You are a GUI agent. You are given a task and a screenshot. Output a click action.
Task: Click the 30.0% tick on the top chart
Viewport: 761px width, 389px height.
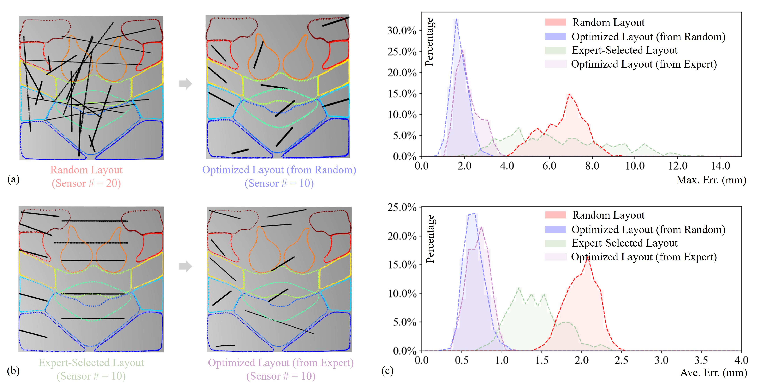(402, 31)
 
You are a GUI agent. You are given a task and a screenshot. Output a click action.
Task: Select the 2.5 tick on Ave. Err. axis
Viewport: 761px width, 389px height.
(621, 360)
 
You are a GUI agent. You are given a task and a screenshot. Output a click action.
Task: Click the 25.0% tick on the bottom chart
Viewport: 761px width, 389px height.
(402, 207)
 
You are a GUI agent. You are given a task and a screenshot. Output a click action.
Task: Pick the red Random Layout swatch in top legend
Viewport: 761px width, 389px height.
(555, 22)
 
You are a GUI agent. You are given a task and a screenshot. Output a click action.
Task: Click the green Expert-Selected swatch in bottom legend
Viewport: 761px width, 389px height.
(555, 243)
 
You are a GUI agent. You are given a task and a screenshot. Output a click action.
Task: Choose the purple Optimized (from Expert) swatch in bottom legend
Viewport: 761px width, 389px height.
(555, 257)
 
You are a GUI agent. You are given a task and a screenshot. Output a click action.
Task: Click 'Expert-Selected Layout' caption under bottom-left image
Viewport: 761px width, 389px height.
(91, 363)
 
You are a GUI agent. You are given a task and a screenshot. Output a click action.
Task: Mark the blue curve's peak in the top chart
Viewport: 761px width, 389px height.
(456, 20)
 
